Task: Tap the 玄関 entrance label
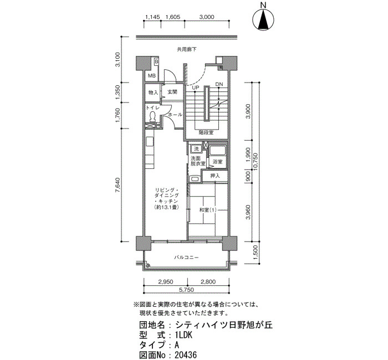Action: coord(172,92)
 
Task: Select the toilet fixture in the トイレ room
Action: coord(152,116)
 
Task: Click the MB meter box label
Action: coord(152,76)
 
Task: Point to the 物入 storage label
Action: coord(153,92)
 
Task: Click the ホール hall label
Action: coord(176,115)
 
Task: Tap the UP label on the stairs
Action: coord(196,88)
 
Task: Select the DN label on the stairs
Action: coord(219,84)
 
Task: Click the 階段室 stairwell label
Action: coord(206,132)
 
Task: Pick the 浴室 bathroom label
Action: coord(217,162)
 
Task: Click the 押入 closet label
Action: coord(215,176)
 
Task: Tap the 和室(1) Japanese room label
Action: coord(208,210)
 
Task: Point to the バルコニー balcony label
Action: coord(186,258)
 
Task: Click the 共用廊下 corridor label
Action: coord(187,49)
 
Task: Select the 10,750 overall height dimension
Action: coord(256,162)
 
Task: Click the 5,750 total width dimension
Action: coord(186,290)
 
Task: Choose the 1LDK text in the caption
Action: coord(183,335)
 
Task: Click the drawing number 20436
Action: coord(186,355)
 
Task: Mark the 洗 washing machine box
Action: coord(196,149)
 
